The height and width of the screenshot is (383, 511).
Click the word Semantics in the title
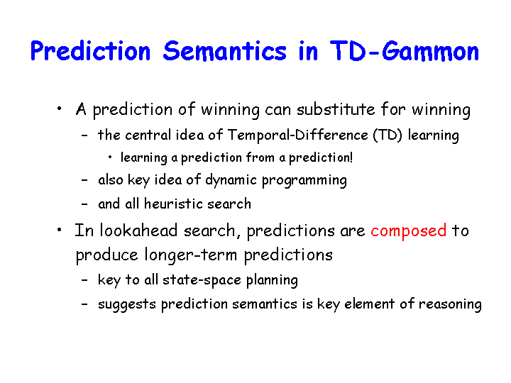(x=224, y=51)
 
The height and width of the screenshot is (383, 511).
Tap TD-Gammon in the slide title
(x=404, y=51)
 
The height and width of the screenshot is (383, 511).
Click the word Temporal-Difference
(x=297, y=135)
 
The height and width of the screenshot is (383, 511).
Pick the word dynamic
(x=231, y=180)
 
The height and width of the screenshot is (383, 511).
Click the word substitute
(x=336, y=109)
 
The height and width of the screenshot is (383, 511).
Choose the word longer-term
(x=191, y=255)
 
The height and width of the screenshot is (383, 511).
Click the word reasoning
(x=450, y=304)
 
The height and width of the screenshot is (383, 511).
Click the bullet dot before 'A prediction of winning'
(x=59, y=109)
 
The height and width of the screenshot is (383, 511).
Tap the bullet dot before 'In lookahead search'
(x=59, y=230)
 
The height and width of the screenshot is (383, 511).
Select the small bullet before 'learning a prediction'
(x=110, y=157)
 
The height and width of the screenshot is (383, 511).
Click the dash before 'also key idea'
(x=84, y=179)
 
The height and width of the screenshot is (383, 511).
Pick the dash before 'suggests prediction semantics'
(x=84, y=304)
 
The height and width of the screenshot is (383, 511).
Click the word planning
(x=272, y=280)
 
